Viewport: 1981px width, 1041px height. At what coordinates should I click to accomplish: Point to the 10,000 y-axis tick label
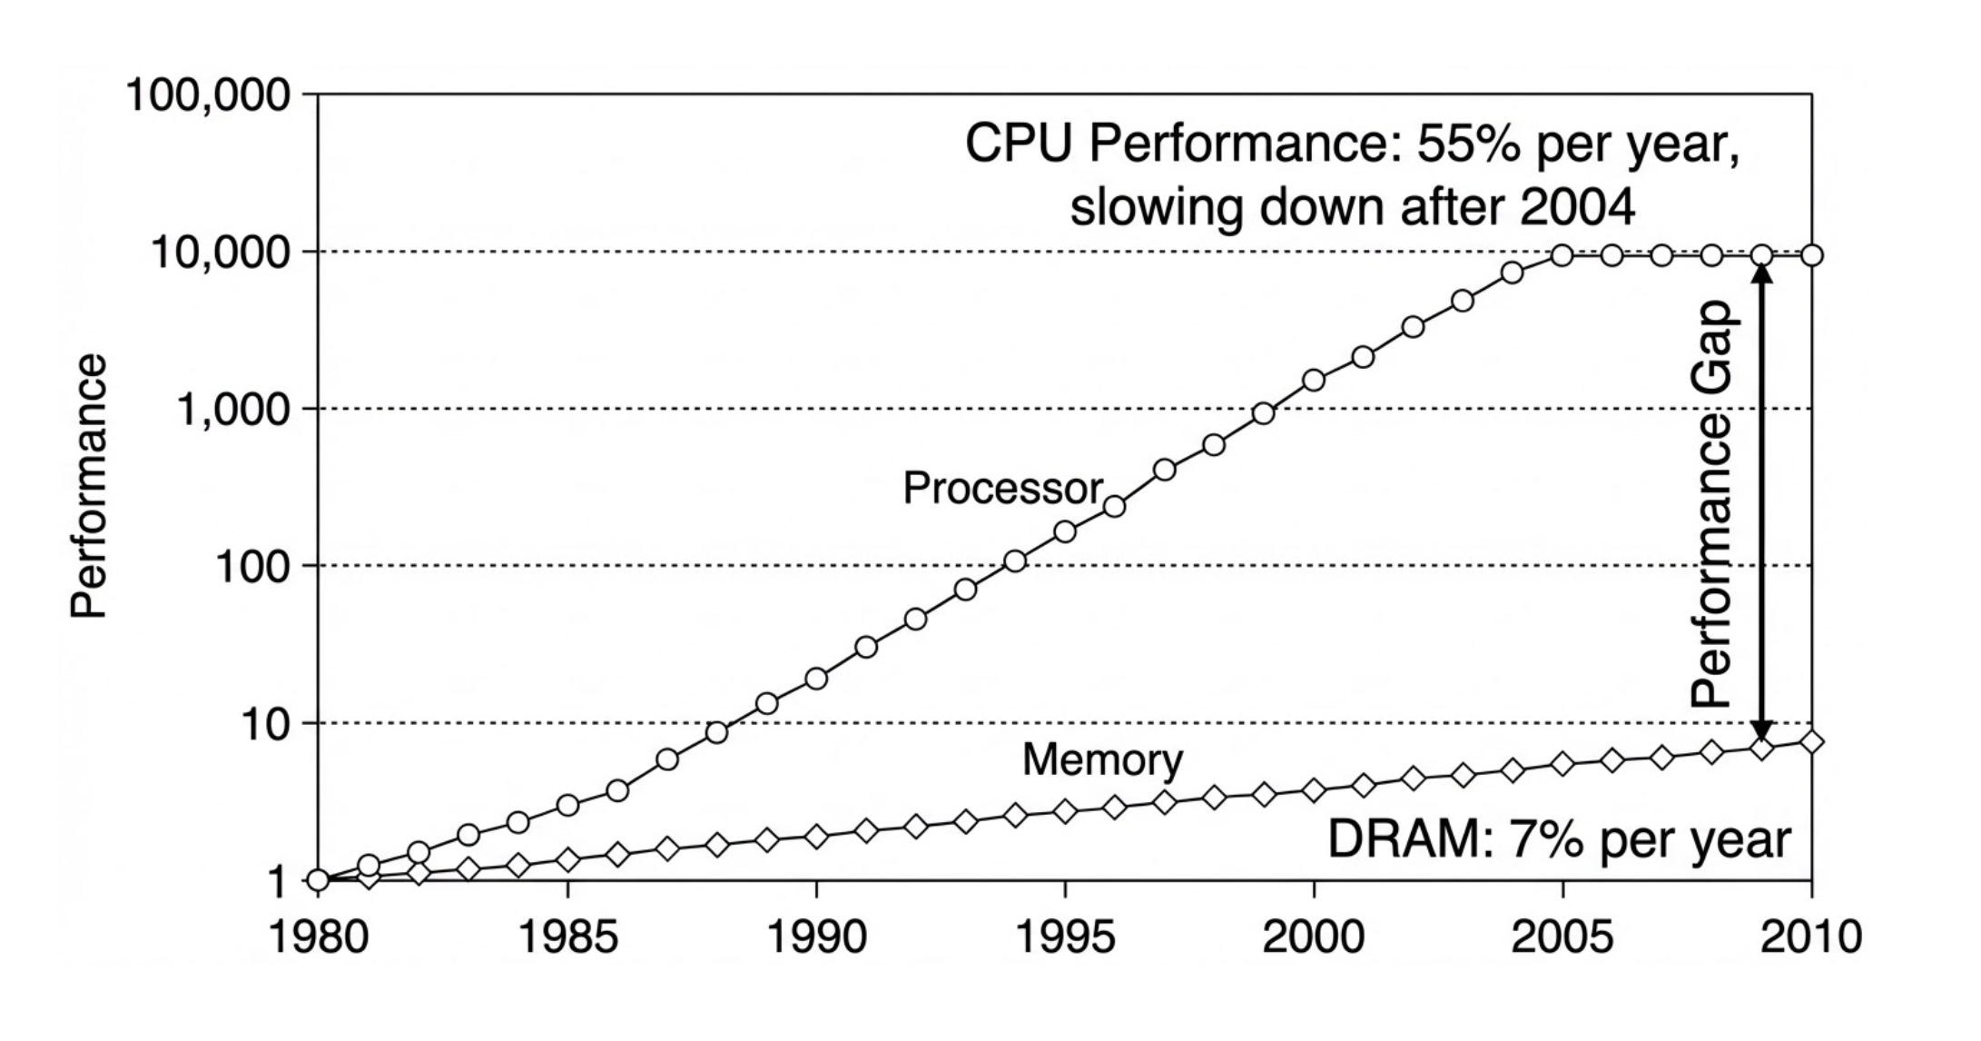pyautogui.click(x=221, y=253)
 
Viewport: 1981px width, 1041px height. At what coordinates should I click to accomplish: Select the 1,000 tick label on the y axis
pyautogui.click(x=233, y=411)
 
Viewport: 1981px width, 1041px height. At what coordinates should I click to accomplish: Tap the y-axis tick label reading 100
pyautogui.click(x=252, y=568)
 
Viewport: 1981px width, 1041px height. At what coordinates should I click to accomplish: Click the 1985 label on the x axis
pyautogui.click(x=567, y=937)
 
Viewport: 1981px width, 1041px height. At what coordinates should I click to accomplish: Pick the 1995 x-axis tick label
pyautogui.click(x=1065, y=937)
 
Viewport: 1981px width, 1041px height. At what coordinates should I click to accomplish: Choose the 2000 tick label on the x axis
pyautogui.click(x=1314, y=937)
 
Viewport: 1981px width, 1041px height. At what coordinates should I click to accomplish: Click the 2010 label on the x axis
pyautogui.click(x=1810, y=937)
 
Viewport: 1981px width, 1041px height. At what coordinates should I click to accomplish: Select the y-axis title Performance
pyautogui.click(x=89, y=486)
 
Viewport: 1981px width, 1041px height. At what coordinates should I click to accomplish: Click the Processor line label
pyautogui.click(x=1002, y=489)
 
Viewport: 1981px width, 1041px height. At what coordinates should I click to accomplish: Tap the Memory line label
pyautogui.click(x=1102, y=759)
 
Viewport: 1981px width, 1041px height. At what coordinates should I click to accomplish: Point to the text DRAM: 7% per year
pyautogui.click(x=1559, y=838)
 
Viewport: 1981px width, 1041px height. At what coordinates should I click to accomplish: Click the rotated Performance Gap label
pyautogui.click(x=1713, y=504)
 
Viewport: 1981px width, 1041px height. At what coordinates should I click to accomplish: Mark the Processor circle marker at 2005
pyautogui.click(x=1562, y=255)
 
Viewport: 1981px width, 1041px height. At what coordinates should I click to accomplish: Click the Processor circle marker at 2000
pyautogui.click(x=1314, y=380)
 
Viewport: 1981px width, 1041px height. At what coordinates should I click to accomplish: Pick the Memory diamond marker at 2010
pyautogui.click(x=1811, y=742)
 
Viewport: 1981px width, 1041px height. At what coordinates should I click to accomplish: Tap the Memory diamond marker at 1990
pyautogui.click(x=816, y=837)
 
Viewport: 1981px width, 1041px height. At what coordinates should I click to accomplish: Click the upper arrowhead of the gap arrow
pyautogui.click(x=1761, y=272)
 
